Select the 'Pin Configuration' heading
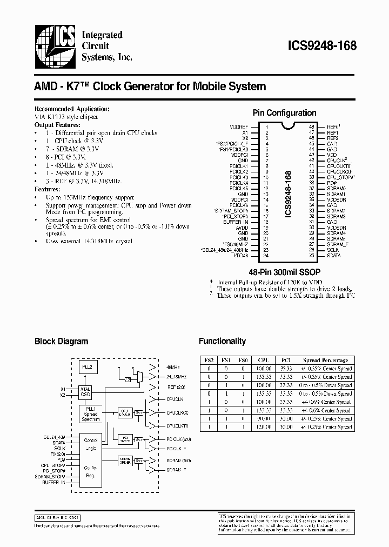pos(284,113)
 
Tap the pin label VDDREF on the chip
pos(238,126)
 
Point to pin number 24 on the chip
pos(266,255)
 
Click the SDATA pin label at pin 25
pos(333,255)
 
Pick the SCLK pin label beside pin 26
pos(333,250)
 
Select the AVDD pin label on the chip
pos(242,227)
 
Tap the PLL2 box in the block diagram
pos(88,366)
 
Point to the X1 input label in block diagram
pos(63,389)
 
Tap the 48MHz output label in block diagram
pos(173,366)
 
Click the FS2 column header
pos(209,360)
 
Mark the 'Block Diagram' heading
pos(61,341)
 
